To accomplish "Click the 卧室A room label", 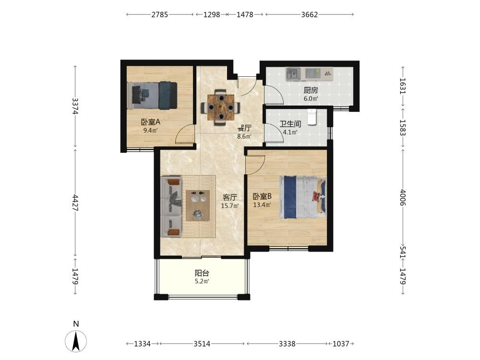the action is [151, 122].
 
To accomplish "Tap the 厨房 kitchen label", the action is [311, 90].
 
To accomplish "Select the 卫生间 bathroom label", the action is [290, 124].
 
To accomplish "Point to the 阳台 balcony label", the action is [202, 273].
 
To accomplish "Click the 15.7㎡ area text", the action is [230, 206].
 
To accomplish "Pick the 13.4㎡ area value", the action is [262, 205].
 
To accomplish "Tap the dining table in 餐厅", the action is [221, 107].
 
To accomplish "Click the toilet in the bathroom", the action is [312, 117].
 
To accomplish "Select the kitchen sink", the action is [293, 74].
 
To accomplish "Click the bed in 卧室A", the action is [153, 95].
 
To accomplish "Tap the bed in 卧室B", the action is [303, 197].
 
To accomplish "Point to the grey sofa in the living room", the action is [172, 206].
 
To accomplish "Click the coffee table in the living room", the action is [198, 205].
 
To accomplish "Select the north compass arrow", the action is [76, 341].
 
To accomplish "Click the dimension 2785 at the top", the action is [159, 14].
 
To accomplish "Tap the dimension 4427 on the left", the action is [75, 203].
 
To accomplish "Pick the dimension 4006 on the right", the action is [403, 198].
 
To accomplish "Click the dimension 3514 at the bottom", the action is [202, 344].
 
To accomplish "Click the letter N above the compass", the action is [76, 324].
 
